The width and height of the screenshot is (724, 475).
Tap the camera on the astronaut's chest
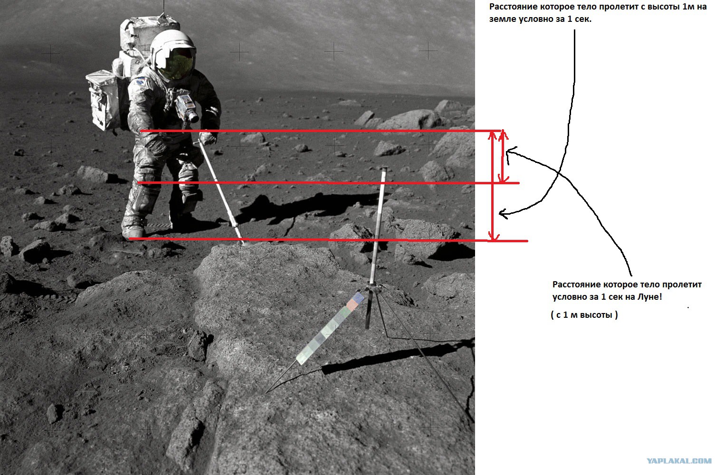tap(187, 106)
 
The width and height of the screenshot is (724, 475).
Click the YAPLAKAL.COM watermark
tap(679, 461)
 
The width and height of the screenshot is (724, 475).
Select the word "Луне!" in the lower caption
tap(649, 296)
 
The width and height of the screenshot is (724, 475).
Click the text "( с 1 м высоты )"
tap(584, 315)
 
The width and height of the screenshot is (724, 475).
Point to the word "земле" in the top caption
tap(503, 19)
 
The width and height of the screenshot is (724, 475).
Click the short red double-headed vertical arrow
tap(503, 156)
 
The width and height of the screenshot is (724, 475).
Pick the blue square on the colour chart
tap(358, 297)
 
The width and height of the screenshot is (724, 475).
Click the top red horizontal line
tap(320, 131)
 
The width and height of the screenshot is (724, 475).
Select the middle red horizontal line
tap(328, 183)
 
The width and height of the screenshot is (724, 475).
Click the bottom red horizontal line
tap(328, 240)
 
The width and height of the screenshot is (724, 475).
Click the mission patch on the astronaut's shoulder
tap(141, 81)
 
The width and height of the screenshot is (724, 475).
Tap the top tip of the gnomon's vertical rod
tap(384, 168)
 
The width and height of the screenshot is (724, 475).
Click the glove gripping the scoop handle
tap(208, 138)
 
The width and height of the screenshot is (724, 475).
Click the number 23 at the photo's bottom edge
tap(240, 468)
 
